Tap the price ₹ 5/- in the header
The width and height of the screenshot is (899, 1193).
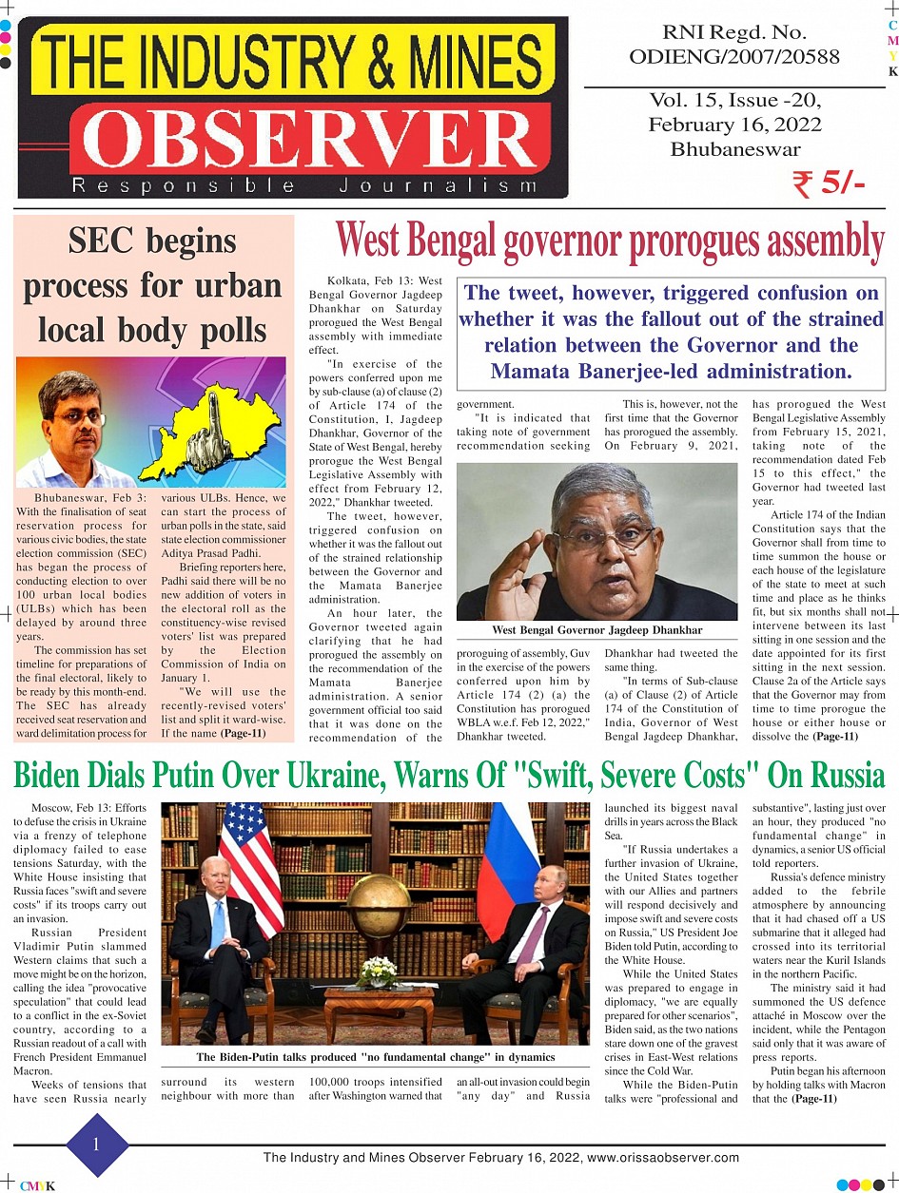[828, 184]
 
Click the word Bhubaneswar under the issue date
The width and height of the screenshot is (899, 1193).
[734, 149]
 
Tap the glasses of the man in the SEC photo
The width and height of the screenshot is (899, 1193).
[78, 416]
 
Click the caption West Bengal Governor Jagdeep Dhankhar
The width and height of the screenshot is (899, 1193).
[596, 630]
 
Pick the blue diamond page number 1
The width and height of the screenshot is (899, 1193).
[96, 1145]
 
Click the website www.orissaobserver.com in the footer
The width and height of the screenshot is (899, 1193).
[663, 1158]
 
